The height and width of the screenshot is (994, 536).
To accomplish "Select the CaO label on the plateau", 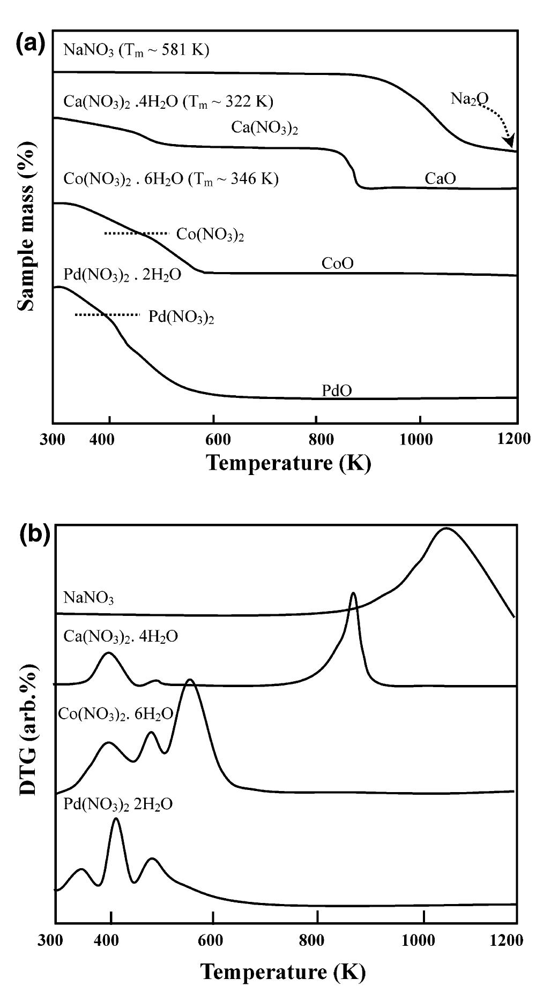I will [440, 178].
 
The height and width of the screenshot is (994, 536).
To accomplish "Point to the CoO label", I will [337, 263].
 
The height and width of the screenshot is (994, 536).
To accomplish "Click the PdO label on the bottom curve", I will [337, 391].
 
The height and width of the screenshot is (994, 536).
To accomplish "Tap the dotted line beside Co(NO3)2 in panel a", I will [136, 234].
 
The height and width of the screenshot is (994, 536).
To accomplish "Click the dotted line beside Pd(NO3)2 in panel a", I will [107, 315].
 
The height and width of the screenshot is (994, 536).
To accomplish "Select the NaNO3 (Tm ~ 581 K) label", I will [136, 50].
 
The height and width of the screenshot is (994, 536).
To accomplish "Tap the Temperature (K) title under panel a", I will [288, 463].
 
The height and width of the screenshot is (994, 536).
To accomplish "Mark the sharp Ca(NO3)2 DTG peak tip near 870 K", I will [353, 593].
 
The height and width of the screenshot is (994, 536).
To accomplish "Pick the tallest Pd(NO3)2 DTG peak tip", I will [116, 818].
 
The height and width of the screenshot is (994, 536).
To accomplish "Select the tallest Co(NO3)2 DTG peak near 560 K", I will [190, 680].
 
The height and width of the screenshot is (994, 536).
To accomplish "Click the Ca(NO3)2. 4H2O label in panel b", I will [121, 636].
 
